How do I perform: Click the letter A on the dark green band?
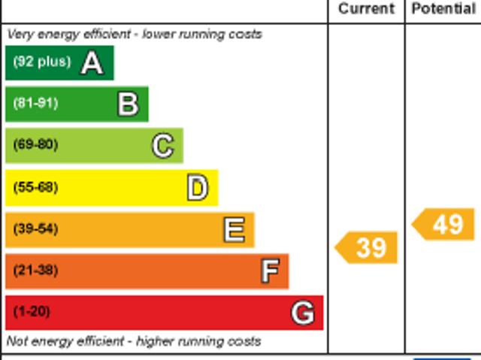click(92, 63)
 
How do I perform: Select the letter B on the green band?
click(128, 104)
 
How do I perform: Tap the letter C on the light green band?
click(162, 146)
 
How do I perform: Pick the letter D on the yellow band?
click(197, 188)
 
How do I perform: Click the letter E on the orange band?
click(234, 230)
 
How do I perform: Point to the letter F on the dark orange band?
click(269, 271)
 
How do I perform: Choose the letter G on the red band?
click(303, 313)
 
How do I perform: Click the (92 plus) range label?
click(41, 62)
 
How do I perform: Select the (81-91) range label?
click(35, 104)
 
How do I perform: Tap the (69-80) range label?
click(35, 145)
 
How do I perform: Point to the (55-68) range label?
click(35, 187)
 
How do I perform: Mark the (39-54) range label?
click(35, 228)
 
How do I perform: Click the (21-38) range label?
click(35, 271)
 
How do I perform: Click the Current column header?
click(366, 9)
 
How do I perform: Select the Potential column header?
click(443, 9)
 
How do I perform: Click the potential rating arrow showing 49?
click(444, 224)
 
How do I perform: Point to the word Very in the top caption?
click(20, 35)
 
